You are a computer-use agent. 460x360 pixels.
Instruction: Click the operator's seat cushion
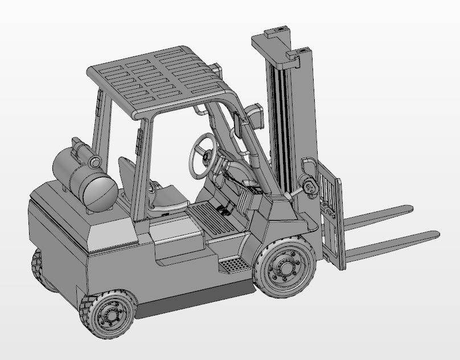pyautogui.click(x=168, y=199)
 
